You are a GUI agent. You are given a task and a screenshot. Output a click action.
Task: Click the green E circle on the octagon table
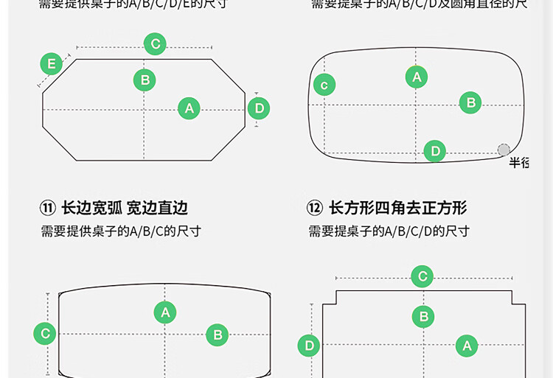(51, 64)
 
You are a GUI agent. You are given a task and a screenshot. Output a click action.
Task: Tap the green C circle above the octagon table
(155, 44)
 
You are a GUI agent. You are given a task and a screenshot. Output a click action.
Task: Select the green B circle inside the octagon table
(145, 80)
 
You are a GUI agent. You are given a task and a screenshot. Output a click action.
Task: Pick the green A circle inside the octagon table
(189, 108)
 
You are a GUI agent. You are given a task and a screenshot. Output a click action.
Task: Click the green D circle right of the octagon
(259, 109)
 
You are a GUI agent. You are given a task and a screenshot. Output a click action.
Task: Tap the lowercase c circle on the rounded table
(324, 85)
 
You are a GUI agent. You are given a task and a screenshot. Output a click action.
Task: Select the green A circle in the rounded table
(417, 77)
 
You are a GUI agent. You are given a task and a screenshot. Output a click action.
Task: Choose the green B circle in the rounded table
(471, 103)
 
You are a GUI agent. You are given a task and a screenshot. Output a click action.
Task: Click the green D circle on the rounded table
(435, 151)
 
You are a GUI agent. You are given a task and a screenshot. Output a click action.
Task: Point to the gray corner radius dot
(504, 150)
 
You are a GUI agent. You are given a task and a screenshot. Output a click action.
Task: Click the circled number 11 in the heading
(48, 209)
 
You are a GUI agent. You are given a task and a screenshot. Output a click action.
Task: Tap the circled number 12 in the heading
(315, 209)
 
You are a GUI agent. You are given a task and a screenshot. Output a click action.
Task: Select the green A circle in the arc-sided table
(165, 312)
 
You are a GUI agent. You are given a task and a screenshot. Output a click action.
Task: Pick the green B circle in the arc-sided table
(218, 335)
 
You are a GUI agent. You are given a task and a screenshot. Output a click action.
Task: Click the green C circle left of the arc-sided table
(45, 334)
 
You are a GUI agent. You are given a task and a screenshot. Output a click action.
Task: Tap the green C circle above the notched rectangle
(422, 277)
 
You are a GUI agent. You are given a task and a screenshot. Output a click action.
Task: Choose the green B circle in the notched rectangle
(423, 317)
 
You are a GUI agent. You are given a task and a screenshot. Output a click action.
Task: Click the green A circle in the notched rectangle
(466, 346)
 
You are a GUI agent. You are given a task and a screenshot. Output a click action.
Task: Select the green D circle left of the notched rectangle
(309, 346)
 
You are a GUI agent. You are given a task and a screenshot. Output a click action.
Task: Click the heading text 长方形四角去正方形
(397, 209)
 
